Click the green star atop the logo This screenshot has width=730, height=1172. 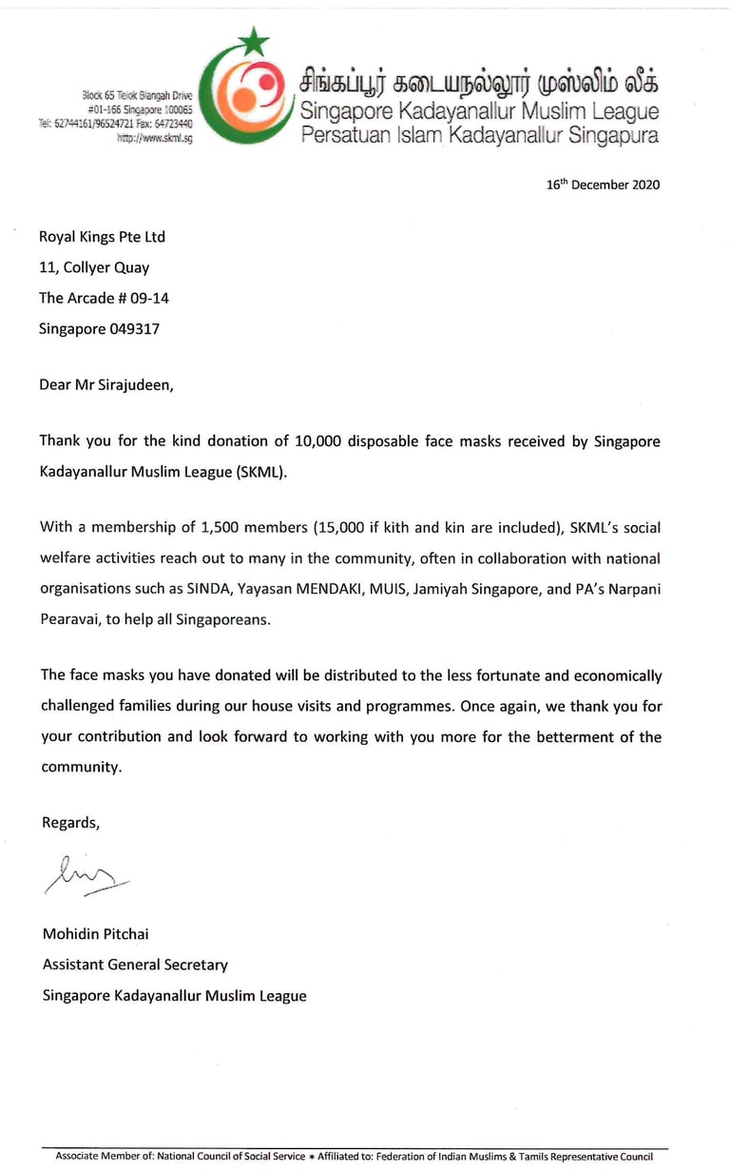pos(254,42)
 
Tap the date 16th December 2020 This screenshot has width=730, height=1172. pos(603,186)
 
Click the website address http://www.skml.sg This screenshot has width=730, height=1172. pos(155,138)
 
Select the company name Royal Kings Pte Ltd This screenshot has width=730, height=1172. pos(103,237)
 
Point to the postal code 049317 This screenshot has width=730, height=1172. pos(134,328)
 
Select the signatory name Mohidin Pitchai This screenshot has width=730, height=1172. pos(95,934)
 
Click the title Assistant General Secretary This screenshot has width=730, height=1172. pos(135,965)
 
